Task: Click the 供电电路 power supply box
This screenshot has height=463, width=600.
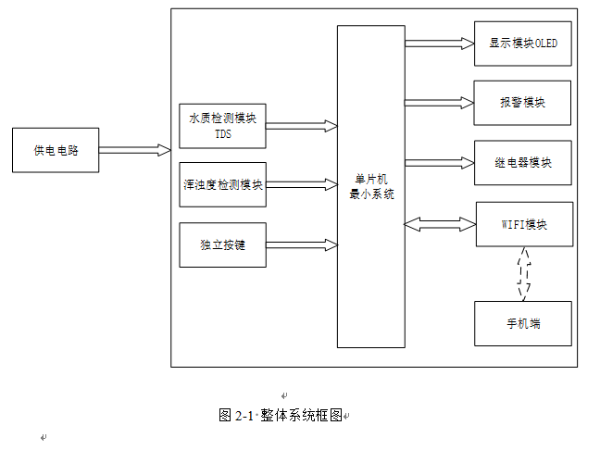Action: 56,151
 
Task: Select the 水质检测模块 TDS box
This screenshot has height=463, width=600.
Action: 222,126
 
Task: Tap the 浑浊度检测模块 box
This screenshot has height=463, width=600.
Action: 222,185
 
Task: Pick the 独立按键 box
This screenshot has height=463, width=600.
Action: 222,245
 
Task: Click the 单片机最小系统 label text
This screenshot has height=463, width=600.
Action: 370,186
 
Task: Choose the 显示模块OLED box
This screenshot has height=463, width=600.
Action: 522,44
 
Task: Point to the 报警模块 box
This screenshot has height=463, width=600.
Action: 522,103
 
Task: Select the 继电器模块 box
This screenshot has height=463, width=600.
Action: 522,163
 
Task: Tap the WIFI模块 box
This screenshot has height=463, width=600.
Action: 522,224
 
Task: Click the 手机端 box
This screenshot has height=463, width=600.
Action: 522,323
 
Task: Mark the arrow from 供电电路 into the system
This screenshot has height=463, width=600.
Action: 134,150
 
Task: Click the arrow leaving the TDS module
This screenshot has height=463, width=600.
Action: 302,125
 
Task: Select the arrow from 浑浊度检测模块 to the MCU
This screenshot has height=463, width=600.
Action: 302,185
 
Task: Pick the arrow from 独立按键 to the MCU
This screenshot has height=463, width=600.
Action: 302,244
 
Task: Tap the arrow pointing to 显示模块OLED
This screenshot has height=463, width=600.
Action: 439,43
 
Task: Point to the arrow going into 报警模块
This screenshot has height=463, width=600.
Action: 439,102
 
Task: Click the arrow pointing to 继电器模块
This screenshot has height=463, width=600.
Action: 439,163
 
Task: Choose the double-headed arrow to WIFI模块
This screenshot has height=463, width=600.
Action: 439,223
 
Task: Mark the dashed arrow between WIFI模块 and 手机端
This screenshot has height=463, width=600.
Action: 524,274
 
